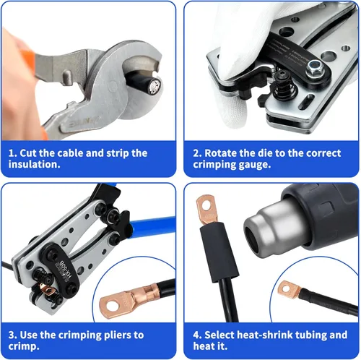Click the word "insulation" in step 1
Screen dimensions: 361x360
(33, 164)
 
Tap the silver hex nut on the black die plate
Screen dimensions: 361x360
(314, 67)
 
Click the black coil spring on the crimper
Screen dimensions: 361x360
(284, 88)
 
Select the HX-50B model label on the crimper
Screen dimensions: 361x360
(65, 269)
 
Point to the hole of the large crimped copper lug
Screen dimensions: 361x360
(113, 306)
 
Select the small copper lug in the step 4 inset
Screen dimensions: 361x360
(290, 290)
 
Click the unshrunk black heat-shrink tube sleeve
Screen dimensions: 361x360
(219, 252)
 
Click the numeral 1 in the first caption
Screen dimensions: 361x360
(11, 153)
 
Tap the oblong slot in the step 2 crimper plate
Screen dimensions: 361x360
(306, 101)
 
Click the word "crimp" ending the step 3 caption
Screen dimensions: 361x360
(23, 347)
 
